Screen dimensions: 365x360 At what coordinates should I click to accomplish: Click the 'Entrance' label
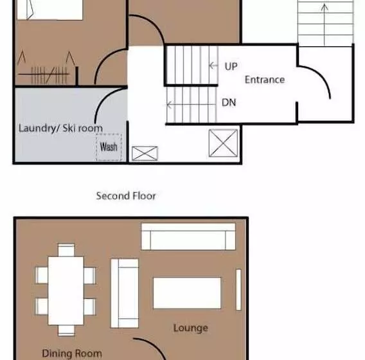265,80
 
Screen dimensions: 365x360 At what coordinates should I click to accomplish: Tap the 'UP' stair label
231,66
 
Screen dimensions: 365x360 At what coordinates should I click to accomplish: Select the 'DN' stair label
229,102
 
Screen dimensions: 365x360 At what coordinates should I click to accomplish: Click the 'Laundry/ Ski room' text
60,129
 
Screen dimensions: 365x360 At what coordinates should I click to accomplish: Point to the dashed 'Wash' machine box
109,147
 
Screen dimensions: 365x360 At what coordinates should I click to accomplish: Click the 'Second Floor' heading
126,196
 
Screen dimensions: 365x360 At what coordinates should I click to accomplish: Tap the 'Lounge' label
191,328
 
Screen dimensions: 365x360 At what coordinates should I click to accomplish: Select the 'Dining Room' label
72,354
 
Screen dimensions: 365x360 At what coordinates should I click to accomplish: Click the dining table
66,291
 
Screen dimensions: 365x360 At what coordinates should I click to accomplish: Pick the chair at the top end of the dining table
66,250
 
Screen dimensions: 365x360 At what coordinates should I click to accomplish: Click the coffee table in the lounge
187,293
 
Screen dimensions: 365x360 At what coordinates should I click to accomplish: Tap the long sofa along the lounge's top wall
188,237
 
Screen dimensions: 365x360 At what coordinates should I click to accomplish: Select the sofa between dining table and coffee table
125,293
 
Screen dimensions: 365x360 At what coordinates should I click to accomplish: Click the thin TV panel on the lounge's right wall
238,290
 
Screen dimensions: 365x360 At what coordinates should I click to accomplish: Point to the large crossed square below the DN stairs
223,143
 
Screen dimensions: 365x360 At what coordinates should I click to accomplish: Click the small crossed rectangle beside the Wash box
145,153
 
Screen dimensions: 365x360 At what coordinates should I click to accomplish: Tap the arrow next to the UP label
213,66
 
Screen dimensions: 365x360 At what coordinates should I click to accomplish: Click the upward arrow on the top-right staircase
325,24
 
